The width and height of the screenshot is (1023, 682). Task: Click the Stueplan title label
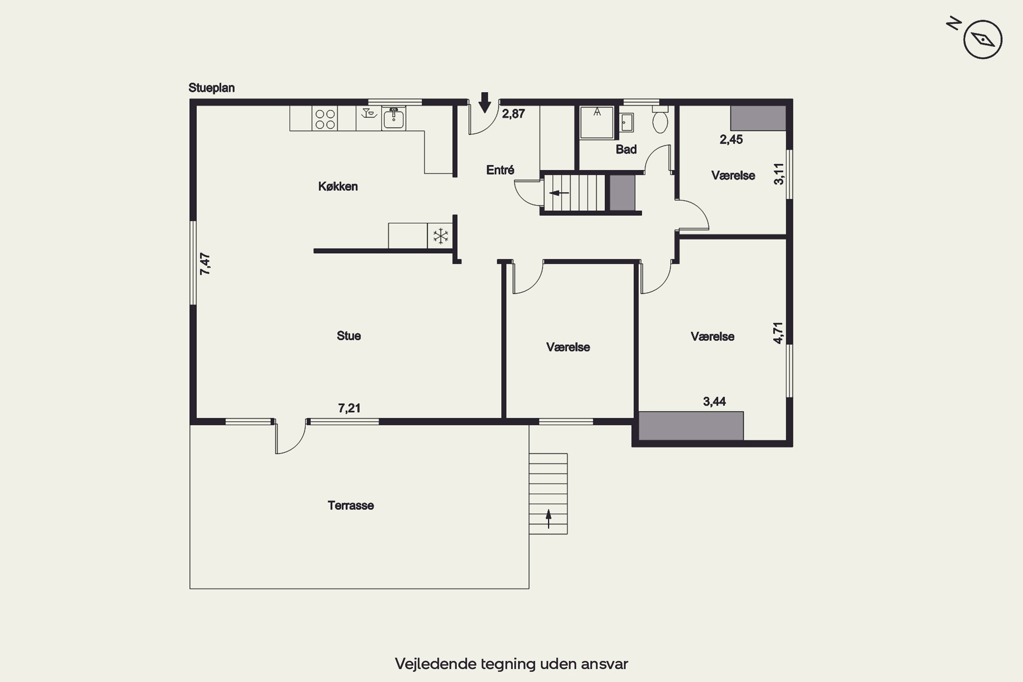[x=211, y=88]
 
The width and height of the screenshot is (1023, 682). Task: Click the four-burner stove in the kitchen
[x=325, y=119]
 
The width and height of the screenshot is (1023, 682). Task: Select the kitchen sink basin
[x=394, y=118]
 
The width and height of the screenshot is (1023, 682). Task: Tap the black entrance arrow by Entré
[x=485, y=103]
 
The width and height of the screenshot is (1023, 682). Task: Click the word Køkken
[x=338, y=187]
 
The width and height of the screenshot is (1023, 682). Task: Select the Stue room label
[x=349, y=336]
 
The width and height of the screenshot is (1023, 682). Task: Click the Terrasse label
[x=351, y=505]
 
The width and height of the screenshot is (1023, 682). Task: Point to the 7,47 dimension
[x=205, y=264]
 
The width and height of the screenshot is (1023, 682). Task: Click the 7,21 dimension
[x=349, y=408]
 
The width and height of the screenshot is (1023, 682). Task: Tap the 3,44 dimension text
[x=714, y=401]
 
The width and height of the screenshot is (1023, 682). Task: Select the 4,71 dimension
[x=778, y=333]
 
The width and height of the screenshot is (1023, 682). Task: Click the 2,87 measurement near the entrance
[x=513, y=114]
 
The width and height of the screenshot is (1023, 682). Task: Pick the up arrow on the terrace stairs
[x=548, y=518]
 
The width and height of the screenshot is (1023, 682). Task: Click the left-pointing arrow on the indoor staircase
[x=559, y=193]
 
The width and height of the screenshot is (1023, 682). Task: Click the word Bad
[x=626, y=150]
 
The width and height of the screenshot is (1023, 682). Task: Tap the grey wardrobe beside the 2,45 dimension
[x=758, y=118]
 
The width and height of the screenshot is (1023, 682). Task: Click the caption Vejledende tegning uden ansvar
[x=512, y=664]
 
